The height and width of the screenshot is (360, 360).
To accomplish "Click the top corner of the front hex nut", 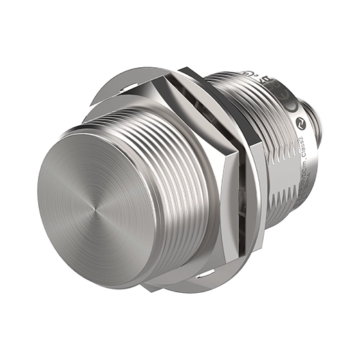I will tap(190, 71).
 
